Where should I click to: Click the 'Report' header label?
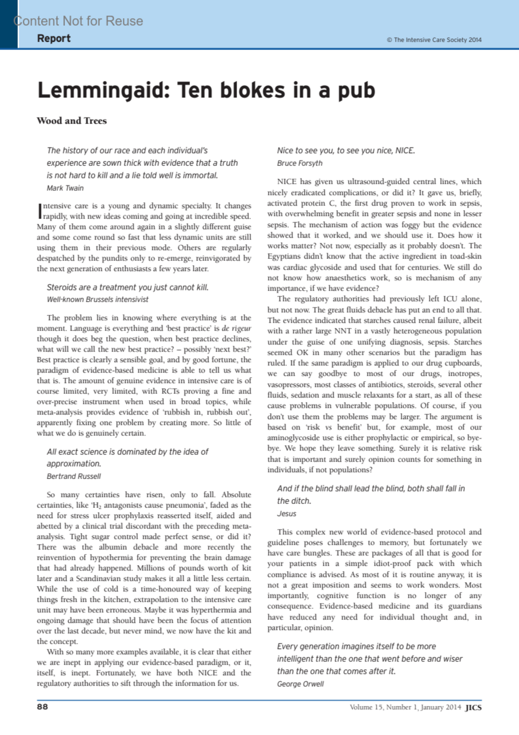coord(54,38)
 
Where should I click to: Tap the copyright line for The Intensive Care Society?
coord(434,40)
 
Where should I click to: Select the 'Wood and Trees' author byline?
coord(72,121)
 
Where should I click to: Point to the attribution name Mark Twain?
coord(65,188)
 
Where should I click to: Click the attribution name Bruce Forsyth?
coord(300,163)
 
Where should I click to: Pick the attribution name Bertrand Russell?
coord(74,476)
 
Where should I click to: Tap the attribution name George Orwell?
coord(301,684)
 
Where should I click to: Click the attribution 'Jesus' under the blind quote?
coord(287,514)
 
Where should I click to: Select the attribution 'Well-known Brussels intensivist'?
coord(98,300)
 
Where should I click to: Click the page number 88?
coord(42,707)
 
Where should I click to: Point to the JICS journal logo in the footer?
coord(473,708)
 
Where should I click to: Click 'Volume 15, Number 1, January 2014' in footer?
coord(405,707)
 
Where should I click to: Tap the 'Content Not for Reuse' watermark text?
coord(78,21)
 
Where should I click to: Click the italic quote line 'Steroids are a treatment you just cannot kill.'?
coord(128,287)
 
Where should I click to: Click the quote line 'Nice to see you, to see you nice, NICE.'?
coord(346,151)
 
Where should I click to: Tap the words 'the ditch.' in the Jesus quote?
coord(294,501)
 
